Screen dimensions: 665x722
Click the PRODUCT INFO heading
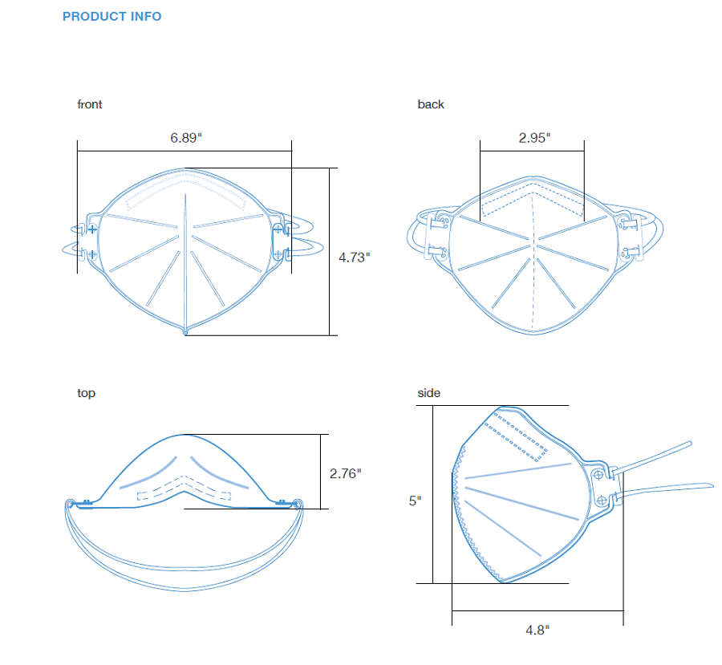click(x=112, y=16)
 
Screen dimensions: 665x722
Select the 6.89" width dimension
click(x=185, y=137)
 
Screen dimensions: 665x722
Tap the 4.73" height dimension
click(x=354, y=257)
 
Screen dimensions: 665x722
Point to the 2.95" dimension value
click(x=533, y=137)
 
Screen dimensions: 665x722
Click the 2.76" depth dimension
click(x=345, y=473)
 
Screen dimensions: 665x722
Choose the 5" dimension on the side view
click(x=414, y=500)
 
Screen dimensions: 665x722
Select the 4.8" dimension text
click(x=537, y=630)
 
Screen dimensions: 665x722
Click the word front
click(x=89, y=104)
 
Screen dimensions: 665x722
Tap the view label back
click(x=430, y=104)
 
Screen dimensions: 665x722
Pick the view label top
click(x=86, y=393)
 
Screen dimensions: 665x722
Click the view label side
click(x=428, y=393)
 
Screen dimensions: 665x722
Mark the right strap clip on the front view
click(x=278, y=241)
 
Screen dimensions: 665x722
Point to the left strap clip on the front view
click(x=91, y=241)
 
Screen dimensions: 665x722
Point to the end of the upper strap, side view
click(x=688, y=444)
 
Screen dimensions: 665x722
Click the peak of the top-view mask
click(x=185, y=436)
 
